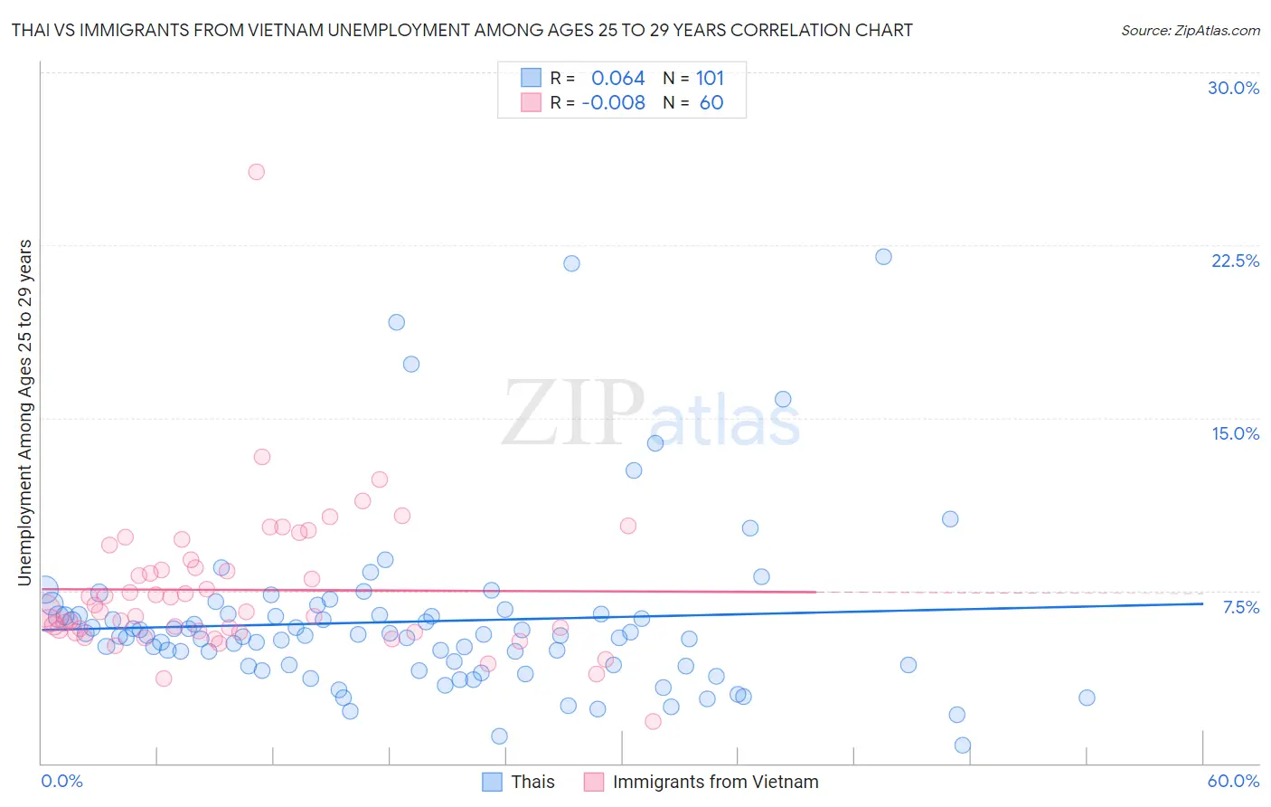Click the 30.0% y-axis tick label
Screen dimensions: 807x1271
1233,88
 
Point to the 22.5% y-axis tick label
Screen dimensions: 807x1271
1235,261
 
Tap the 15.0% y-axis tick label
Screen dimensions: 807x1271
1235,433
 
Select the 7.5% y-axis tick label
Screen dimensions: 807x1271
1240,607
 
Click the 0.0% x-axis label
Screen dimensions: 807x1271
61,781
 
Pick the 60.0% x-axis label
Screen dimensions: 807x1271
1233,781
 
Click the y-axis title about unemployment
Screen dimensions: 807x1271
25,413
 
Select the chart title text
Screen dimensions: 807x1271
462,30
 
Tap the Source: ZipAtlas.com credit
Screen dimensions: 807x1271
1190,30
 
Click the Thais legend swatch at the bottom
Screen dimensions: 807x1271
492,782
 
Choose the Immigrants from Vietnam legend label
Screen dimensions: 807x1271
715,782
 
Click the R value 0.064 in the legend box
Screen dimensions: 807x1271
617,79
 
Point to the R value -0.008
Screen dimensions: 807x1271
613,103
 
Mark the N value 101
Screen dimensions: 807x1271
710,79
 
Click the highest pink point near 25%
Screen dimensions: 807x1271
257,172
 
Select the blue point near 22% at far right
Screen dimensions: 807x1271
883,257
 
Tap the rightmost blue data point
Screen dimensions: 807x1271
1087,698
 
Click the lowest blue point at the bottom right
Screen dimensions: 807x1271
963,745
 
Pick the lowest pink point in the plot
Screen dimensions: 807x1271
653,721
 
